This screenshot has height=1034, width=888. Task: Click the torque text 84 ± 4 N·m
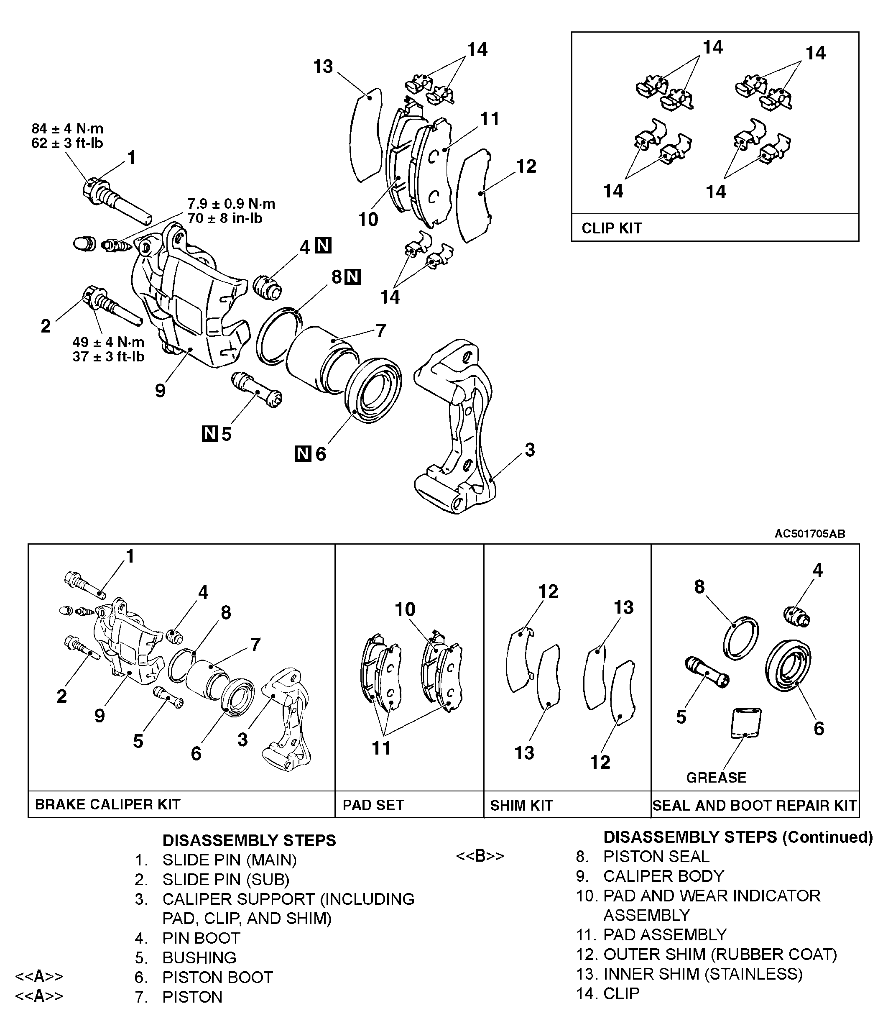coord(67,129)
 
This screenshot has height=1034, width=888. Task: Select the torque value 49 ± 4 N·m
coord(108,342)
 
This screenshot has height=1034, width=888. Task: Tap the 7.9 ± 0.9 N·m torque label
coord(231,204)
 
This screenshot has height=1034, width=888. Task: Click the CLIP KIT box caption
coord(612,228)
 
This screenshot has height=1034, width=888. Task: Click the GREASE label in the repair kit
coord(716,778)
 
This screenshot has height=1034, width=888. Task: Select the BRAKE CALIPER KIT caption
coord(108,804)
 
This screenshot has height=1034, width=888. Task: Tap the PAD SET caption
coord(373,805)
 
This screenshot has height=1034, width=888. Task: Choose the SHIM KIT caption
coord(521,805)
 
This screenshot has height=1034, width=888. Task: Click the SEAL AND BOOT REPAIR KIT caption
coord(754,805)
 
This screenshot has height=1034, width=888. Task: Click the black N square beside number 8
coord(353,277)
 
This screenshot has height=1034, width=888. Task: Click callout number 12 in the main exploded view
coord(526,166)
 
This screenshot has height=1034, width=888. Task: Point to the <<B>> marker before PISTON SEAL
coord(480,856)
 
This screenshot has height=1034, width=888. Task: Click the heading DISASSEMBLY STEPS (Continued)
coord(738,837)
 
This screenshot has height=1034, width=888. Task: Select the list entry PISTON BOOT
coord(217,977)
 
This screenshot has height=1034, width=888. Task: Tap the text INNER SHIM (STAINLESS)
coord(702,974)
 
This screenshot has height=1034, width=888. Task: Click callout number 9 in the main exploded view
coord(160,391)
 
